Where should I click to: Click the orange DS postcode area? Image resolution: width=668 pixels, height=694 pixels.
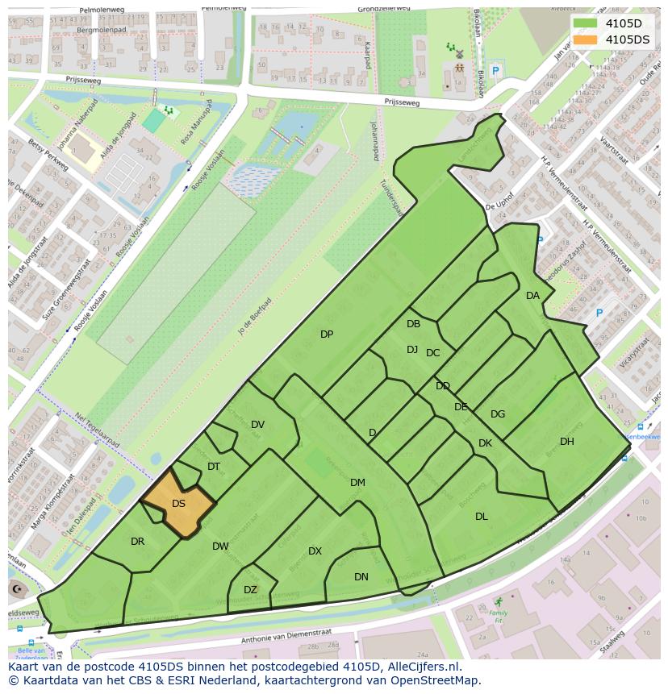(179, 505)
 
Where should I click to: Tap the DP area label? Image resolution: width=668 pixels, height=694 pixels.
(327, 335)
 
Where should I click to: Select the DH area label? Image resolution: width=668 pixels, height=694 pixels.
(567, 441)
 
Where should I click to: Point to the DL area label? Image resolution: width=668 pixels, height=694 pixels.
(482, 517)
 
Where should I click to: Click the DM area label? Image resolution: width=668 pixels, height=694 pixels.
(357, 483)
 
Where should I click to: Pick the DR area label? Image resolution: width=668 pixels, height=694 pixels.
(137, 542)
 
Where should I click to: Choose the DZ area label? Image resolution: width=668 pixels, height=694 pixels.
(250, 589)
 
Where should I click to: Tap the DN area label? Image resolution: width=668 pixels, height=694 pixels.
(361, 576)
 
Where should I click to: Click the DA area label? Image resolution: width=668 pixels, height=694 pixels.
(532, 296)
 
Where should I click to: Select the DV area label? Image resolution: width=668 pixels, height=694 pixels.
(257, 425)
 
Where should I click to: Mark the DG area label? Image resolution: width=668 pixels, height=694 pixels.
(498, 414)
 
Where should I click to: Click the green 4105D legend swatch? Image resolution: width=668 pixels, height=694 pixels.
(586, 23)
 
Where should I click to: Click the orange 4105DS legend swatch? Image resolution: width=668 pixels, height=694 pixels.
(586, 39)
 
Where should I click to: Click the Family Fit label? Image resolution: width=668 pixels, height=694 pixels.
(499, 617)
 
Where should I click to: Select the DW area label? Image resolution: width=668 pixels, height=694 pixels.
(220, 546)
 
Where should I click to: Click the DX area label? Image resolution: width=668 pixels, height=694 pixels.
(315, 551)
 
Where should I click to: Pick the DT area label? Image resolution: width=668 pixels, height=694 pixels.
(214, 466)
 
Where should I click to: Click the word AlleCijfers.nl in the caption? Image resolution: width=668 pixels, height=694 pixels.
(422, 667)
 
